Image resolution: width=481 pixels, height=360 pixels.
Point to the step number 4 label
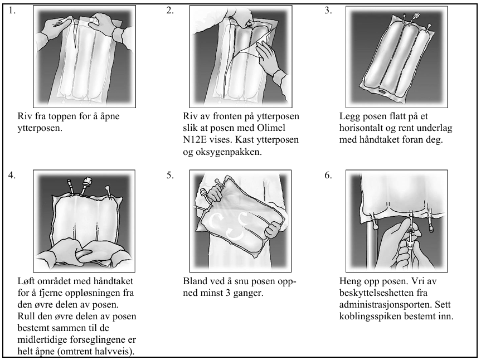(13, 175)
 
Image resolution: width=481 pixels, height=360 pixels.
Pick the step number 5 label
(170, 175)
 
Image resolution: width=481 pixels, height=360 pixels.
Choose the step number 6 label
(328, 175)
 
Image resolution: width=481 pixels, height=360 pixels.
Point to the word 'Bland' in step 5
(195, 281)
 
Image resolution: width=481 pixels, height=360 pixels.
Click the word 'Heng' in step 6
(351, 281)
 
